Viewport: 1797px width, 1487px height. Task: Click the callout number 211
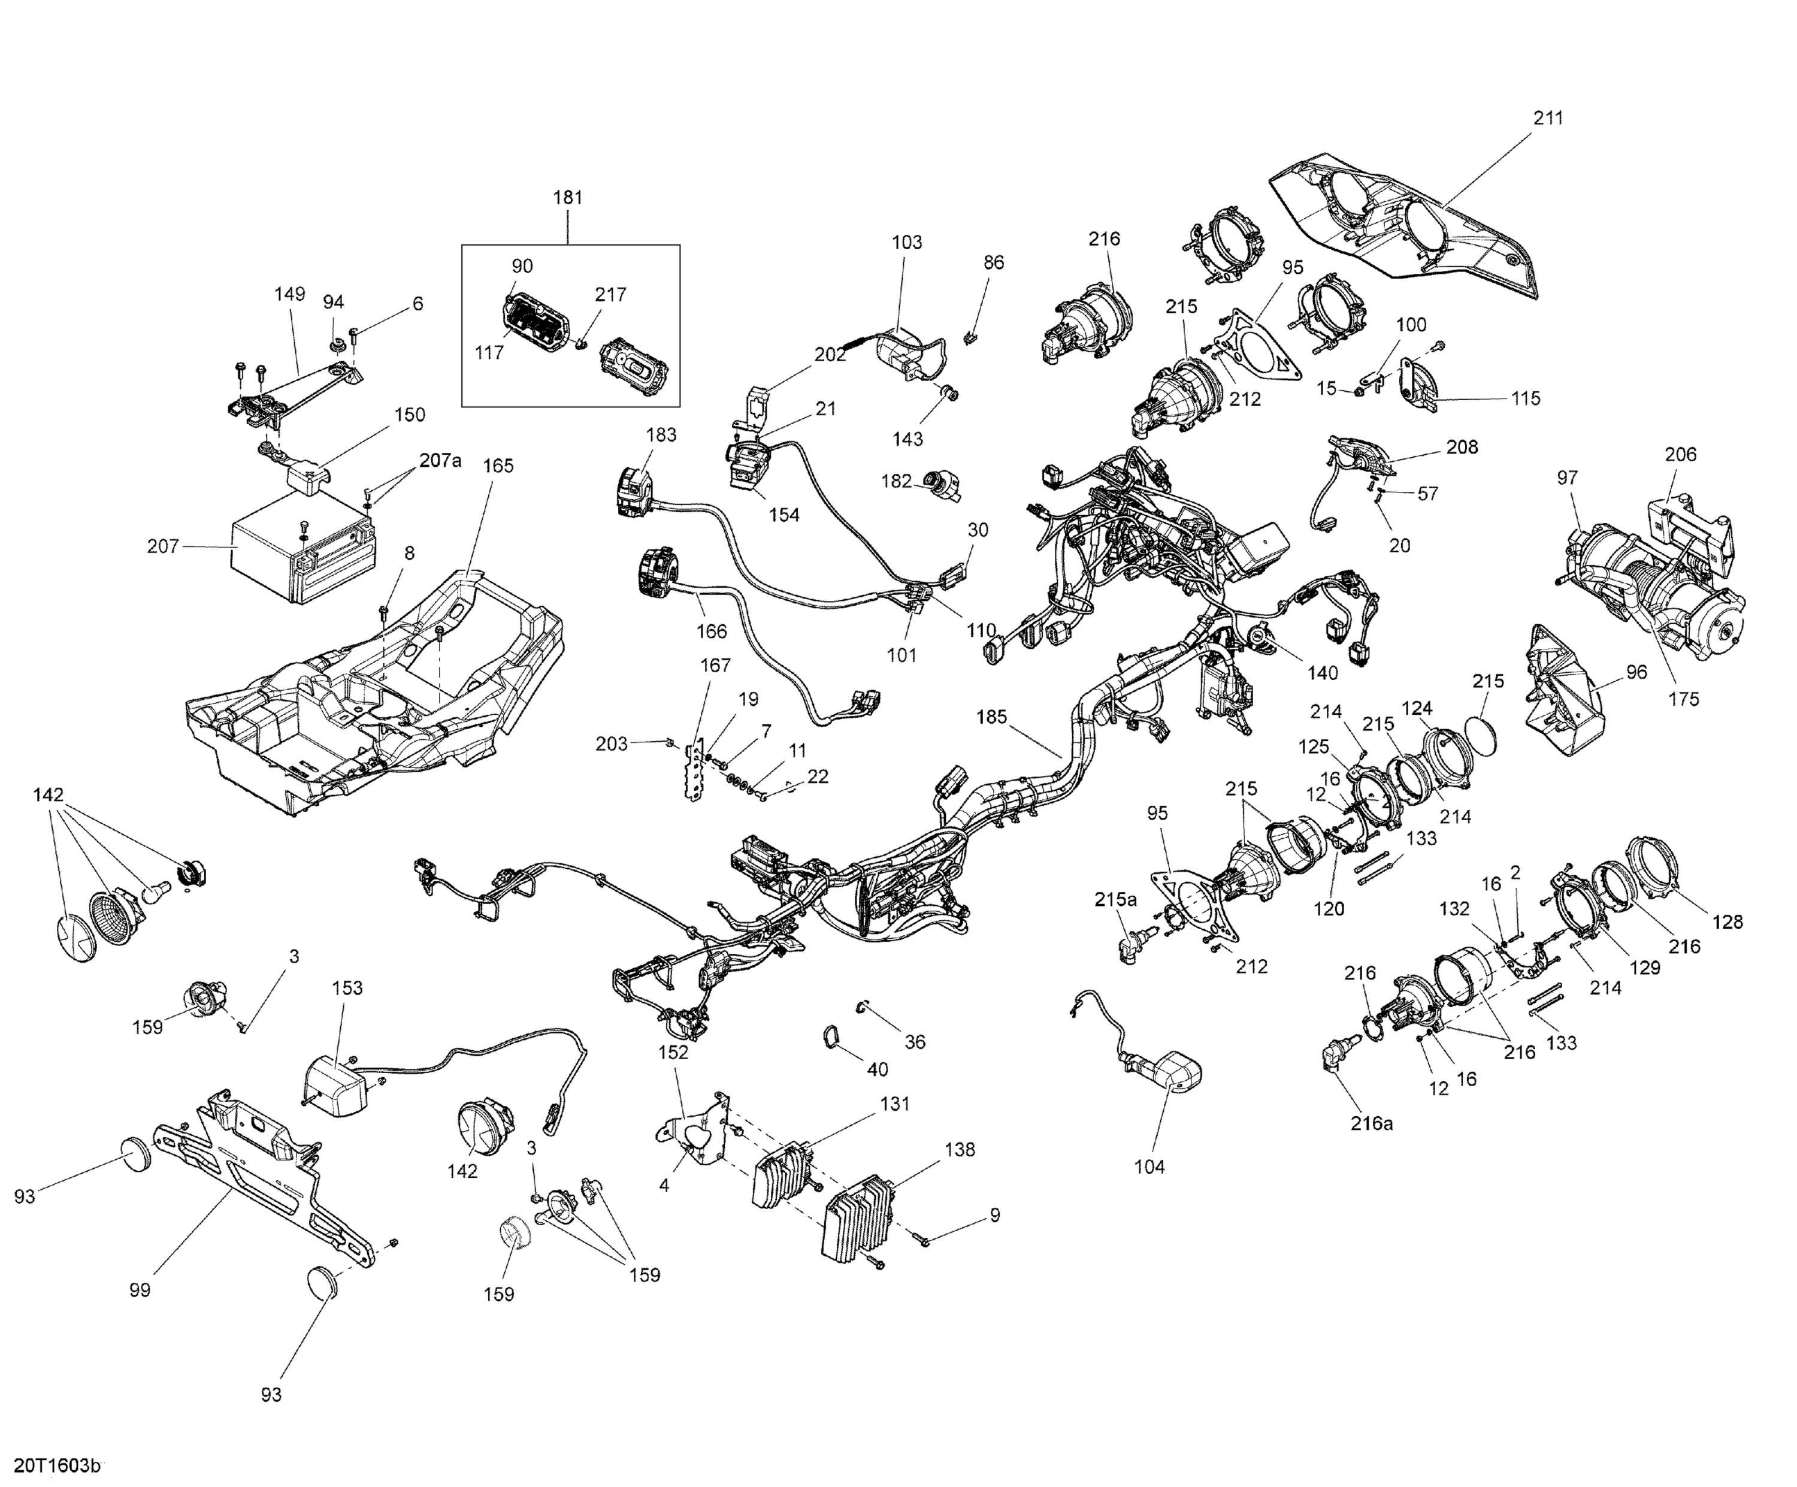(x=1547, y=118)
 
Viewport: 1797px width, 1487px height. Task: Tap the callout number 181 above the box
(x=567, y=198)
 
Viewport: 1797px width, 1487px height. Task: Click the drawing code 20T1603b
(x=56, y=1465)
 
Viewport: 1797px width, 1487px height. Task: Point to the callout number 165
(x=498, y=466)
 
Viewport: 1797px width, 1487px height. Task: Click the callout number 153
(x=347, y=988)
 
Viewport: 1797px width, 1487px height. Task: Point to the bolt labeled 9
(x=923, y=1239)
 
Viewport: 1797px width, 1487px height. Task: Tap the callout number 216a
(x=1372, y=1124)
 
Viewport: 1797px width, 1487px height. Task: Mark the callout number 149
(x=289, y=295)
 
